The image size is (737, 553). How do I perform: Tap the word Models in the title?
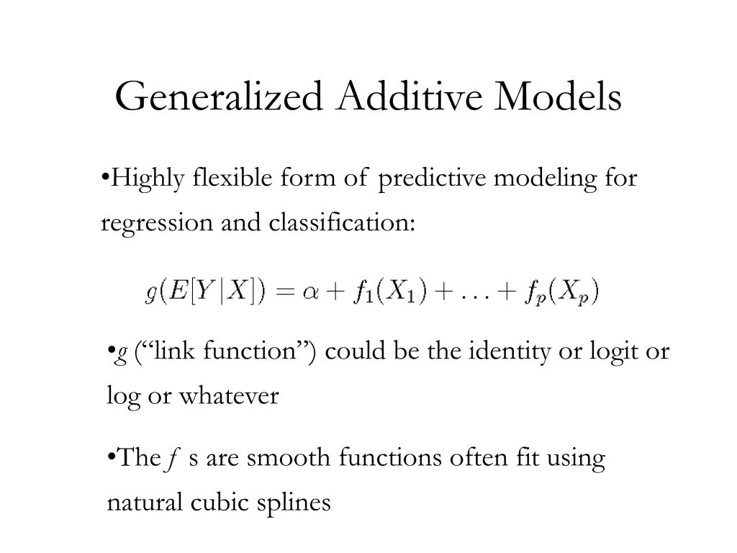(x=558, y=98)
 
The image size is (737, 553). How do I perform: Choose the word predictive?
(x=432, y=177)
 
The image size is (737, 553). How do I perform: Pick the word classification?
(x=342, y=223)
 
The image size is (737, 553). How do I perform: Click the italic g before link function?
(x=122, y=353)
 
